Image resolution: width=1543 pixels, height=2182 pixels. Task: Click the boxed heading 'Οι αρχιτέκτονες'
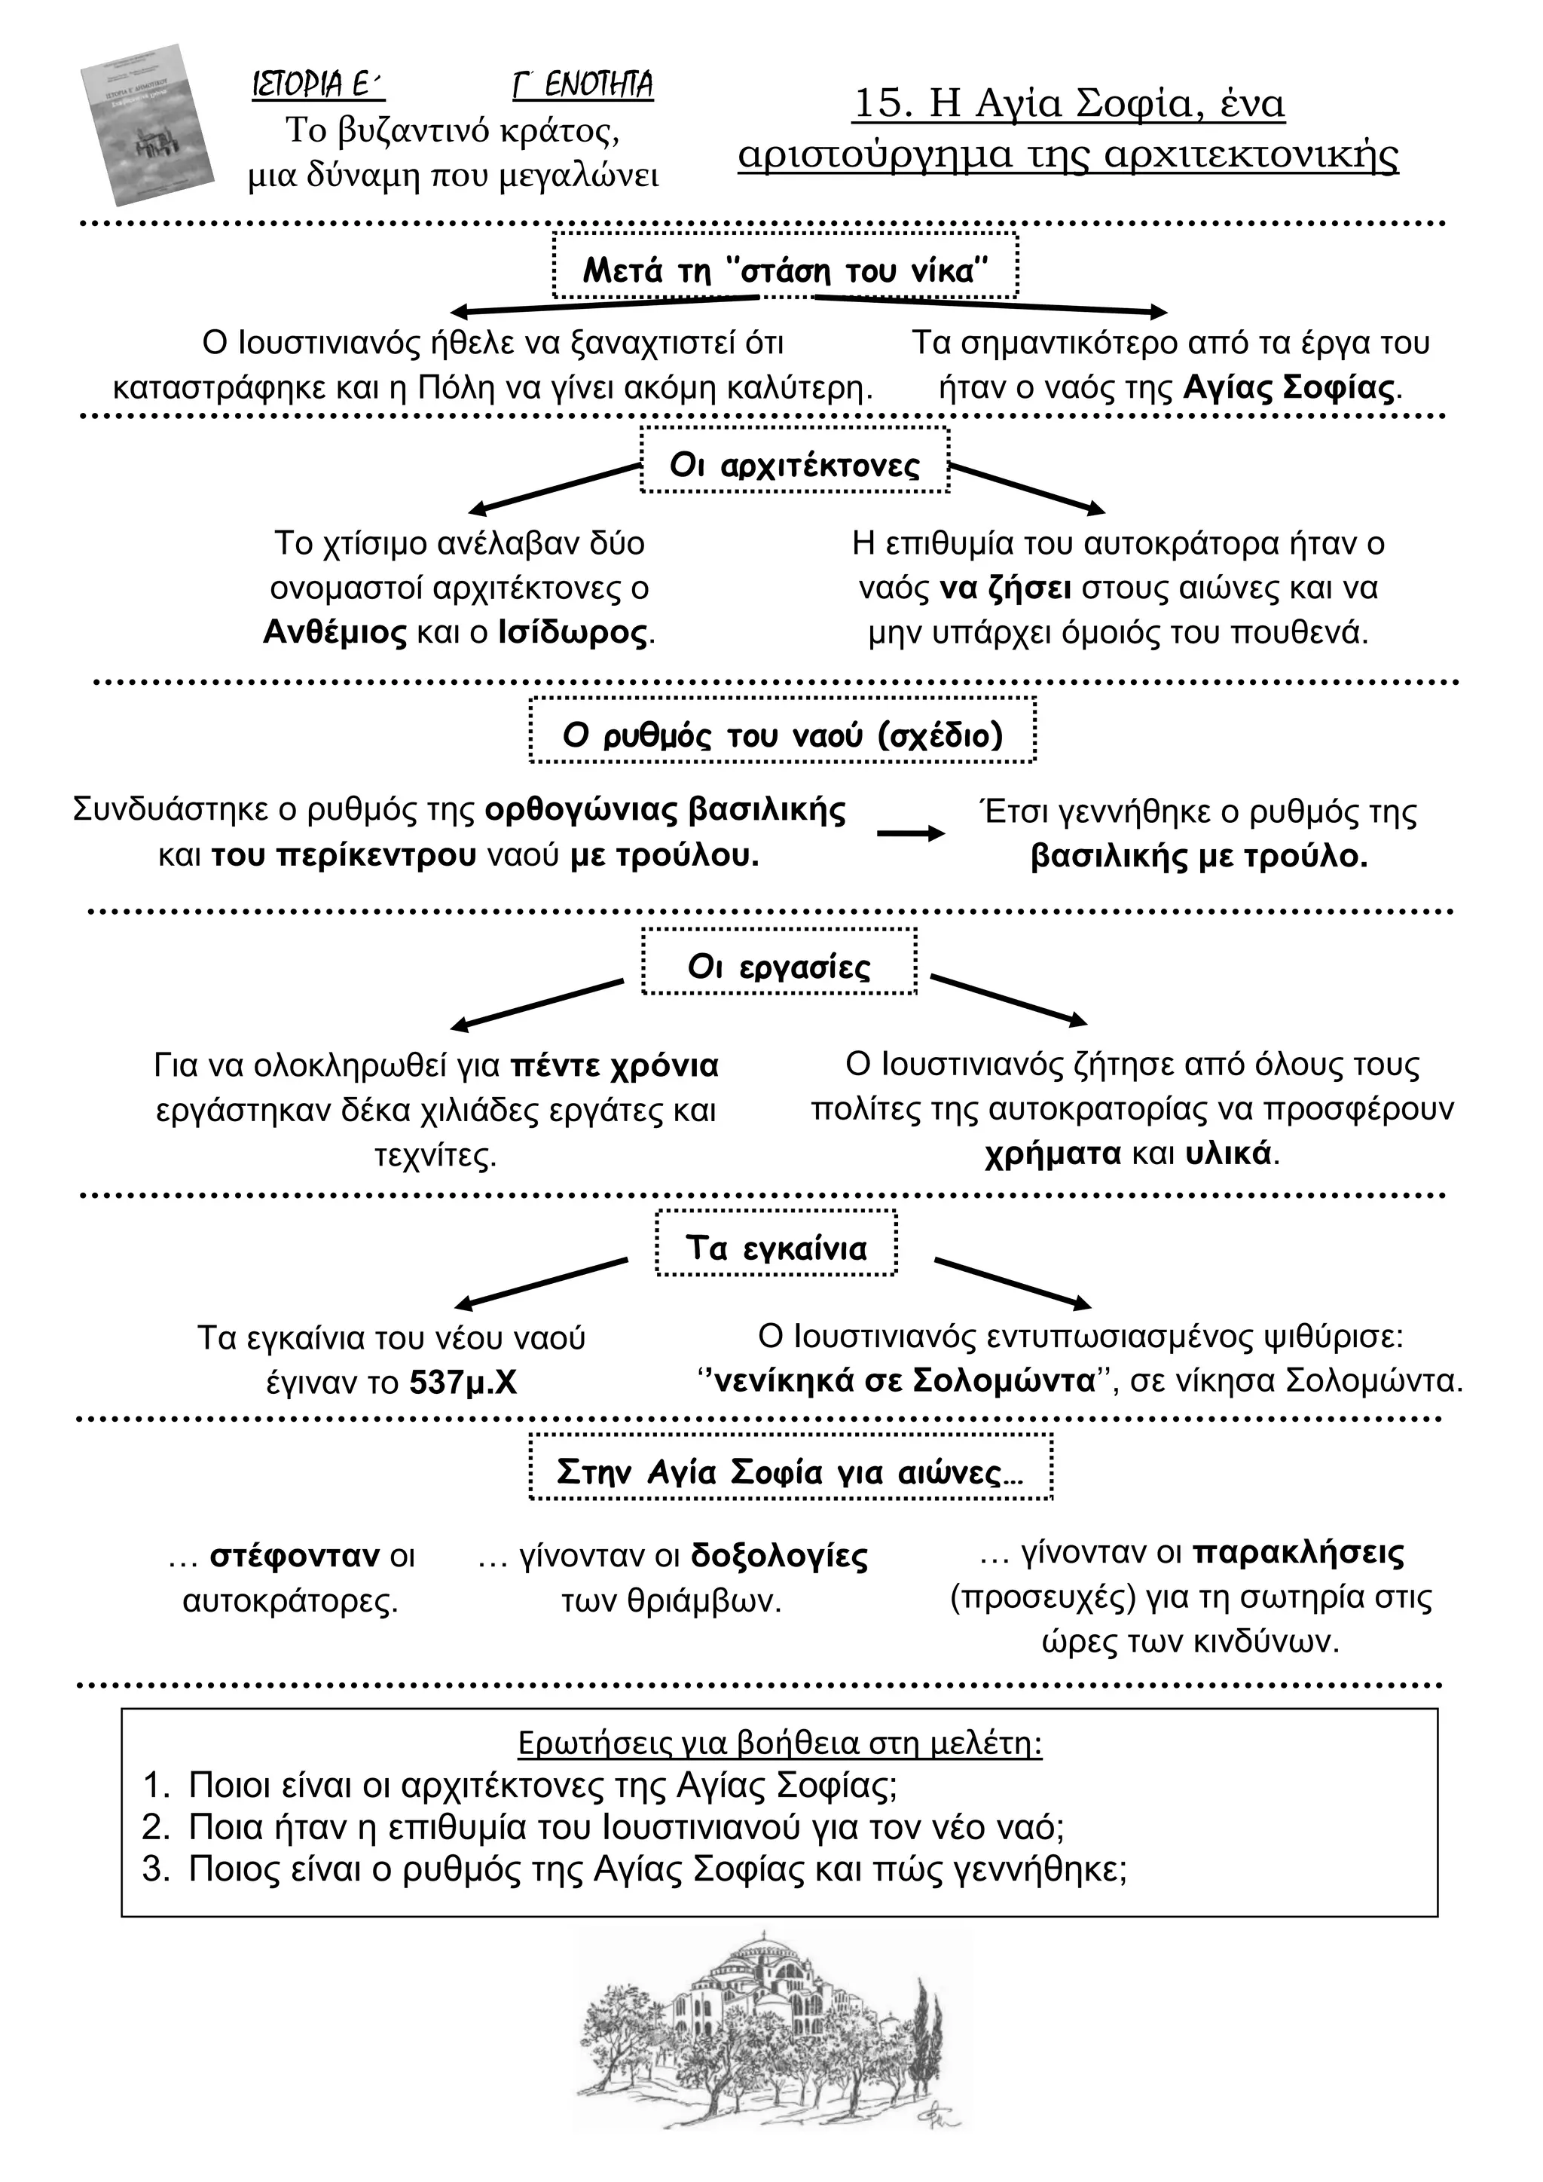point(796,466)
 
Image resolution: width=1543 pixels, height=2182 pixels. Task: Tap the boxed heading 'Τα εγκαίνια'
point(776,1248)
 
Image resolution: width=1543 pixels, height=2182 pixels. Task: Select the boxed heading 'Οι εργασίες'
point(779,967)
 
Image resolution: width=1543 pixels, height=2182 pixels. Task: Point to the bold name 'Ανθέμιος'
point(335,633)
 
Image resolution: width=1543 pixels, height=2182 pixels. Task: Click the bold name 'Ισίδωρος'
point(574,634)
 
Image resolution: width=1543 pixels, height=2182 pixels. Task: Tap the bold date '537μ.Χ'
point(463,1382)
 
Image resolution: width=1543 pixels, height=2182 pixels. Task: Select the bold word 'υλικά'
point(1229,1154)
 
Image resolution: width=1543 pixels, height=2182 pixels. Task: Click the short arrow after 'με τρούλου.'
point(910,833)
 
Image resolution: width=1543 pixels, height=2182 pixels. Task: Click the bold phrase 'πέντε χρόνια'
point(615,1066)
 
